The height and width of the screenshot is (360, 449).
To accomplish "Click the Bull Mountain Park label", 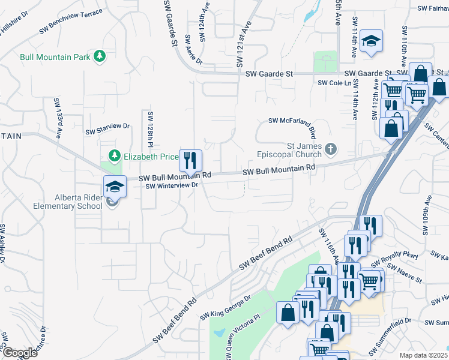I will [x=55, y=57].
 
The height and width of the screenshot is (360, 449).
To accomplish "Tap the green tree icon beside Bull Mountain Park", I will [x=100, y=57].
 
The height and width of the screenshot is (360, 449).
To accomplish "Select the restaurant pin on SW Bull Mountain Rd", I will [x=191, y=161].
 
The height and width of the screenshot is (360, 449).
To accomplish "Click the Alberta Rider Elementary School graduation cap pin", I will [x=114, y=187].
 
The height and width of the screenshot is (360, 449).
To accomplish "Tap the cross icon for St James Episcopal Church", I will [x=330, y=148].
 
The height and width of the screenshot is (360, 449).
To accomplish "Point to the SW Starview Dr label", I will [x=107, y=128].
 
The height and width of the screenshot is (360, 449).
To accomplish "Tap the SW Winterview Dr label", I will [x=172, y=186].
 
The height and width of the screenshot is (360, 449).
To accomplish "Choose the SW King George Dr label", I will [x=225, y=307].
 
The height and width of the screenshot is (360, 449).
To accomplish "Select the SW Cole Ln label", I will [x=334, y=83].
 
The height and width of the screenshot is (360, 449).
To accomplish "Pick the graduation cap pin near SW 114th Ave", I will [x=372, y=41].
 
